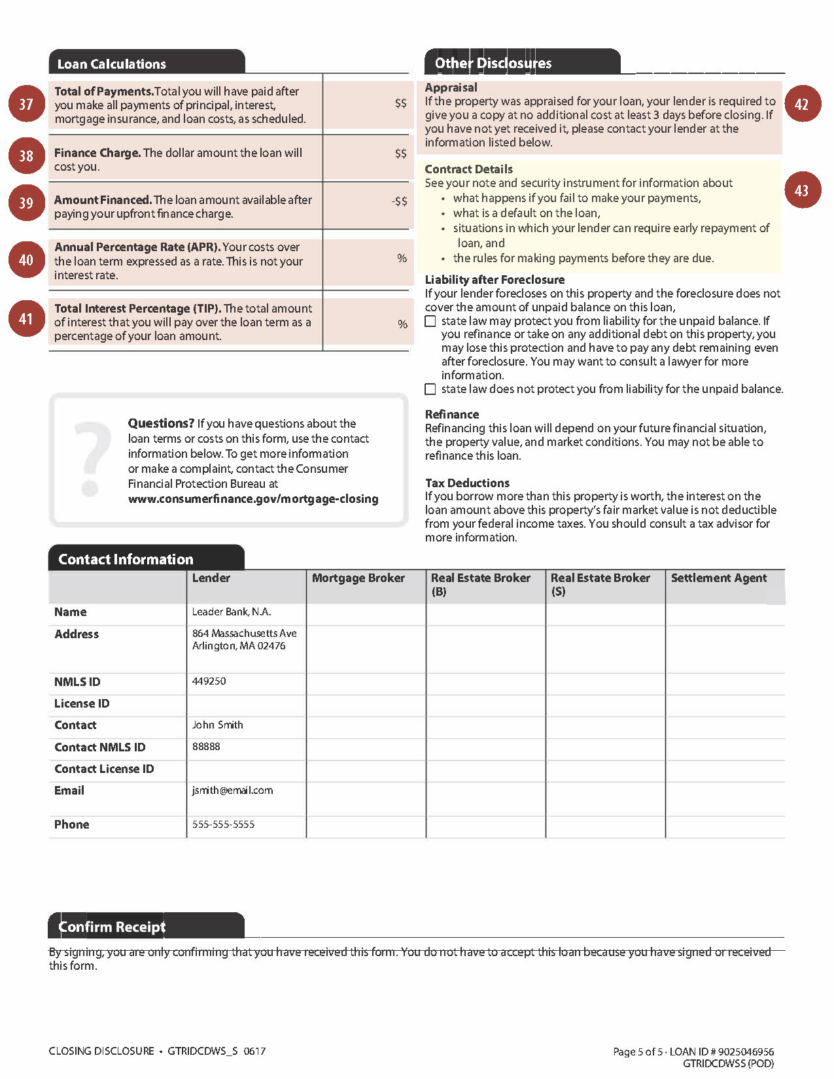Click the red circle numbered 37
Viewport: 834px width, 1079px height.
click(x=26, y=104)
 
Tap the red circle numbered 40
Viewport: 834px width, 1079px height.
click(x=26, y=260)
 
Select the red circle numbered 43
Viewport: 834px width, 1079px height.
click(x=802, y=190)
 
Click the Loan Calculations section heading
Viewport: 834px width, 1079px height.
click(x=112, y=64)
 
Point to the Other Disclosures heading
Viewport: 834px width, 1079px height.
click(x=493, y=63)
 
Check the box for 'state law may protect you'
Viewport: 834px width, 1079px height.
click(x=430, y=321)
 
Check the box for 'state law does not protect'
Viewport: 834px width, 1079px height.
click(x=430, y=389)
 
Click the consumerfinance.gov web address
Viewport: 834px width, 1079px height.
click(x=253, y=499)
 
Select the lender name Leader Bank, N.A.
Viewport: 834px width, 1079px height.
click(x=232, y=612)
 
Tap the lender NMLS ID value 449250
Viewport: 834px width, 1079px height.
click(x=209, y=681)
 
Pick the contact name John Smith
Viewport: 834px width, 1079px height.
click(x=218, y=725)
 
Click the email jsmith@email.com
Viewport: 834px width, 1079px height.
click(x=233, y=791)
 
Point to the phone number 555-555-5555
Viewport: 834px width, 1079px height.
click(x=224, y=825)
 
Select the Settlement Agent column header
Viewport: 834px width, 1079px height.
click(x=719, y=578)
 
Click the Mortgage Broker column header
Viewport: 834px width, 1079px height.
click(x=358, y=578)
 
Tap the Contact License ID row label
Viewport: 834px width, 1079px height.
click(x=104, y=769)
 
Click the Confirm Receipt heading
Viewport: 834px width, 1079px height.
click(x=112, y=927)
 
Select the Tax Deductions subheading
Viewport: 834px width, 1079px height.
click(x=467, y=483)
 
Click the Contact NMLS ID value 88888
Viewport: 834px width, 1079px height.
click(x=207, y=747)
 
